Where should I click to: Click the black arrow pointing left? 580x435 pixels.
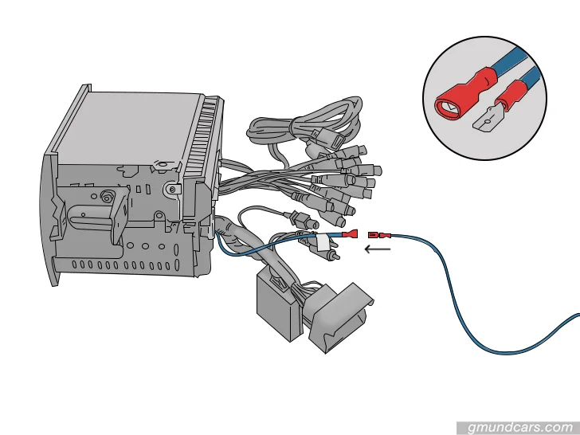377,249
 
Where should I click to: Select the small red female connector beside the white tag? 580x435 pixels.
349,235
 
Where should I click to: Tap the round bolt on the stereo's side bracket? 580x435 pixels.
106,194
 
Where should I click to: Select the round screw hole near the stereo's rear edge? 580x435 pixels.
171,190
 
